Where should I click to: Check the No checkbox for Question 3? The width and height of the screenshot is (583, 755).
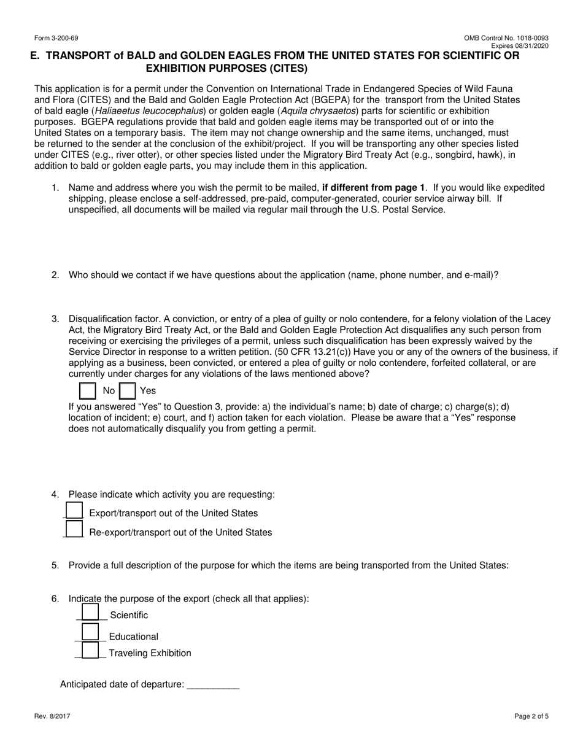[x=88, y=391]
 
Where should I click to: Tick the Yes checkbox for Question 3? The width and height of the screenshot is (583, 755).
[x=127, y=391]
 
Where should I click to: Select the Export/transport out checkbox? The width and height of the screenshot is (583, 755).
[x=74, y=511]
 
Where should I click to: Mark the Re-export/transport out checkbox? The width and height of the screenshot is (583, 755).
[x=74, y=530]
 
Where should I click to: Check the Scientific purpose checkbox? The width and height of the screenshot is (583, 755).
[x=90, y=613]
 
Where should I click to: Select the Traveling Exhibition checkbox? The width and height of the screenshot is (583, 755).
[x=90, y=651]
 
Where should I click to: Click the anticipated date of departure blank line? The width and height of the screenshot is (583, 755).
[x=212, y=685]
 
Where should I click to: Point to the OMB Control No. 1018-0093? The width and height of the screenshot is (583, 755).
[x=506, y=38]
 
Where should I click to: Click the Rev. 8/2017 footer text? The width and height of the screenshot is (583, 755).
[x=56, y=716]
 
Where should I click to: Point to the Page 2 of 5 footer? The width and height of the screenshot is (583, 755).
[x=531, y=716]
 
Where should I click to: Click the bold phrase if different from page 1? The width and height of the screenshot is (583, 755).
[x=373, y=188]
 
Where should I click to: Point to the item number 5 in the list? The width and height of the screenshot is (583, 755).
[x=55, y=565]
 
